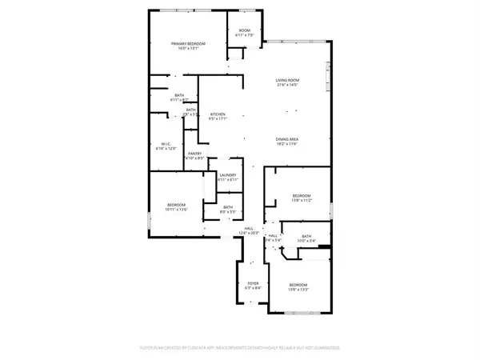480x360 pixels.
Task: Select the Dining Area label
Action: (x=287, y=138)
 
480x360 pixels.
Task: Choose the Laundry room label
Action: (x=229, y=178)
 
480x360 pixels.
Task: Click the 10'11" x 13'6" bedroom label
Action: (x=177, y=206)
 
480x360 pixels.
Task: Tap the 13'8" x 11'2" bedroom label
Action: (x=301, y=197)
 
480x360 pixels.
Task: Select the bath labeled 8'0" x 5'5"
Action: (x=229, y=210)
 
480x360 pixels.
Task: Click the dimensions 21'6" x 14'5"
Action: (x=287, y=86)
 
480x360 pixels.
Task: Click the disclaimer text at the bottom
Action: (x=240, y=348)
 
